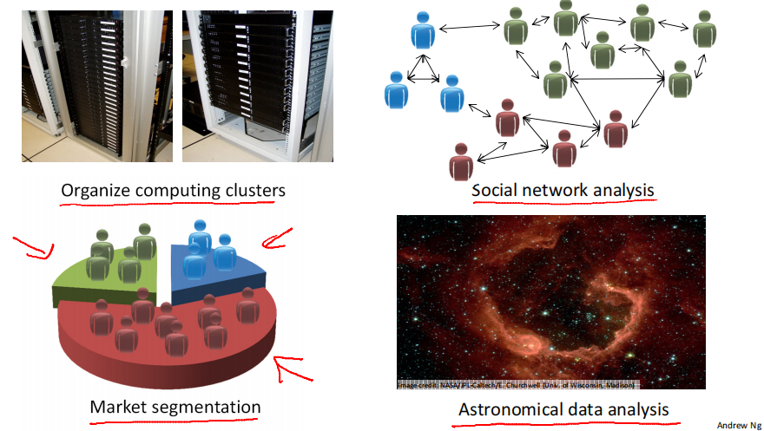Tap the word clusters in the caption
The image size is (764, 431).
(253, 190)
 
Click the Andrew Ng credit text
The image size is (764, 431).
(738, 424)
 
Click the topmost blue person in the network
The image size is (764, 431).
(423, 33)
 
